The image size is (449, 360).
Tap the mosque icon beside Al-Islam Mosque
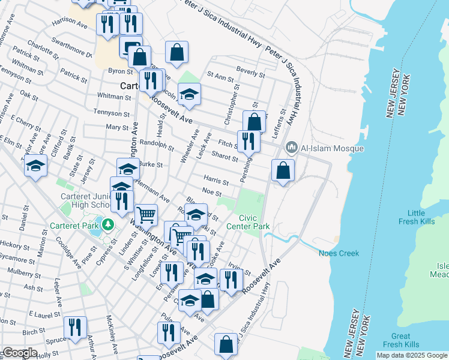[292, 147]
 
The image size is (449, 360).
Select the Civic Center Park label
[248, 222]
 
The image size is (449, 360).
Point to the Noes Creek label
[339, 253]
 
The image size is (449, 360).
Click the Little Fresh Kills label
[416, 217]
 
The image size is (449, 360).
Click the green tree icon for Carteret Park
[108, 224]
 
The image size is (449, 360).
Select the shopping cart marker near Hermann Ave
[146, 214]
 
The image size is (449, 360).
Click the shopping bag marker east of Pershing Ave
[283, 170]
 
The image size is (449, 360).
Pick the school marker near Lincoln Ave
[189, 94]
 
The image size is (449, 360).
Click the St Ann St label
[220, 77]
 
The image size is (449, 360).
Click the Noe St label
[212, 193]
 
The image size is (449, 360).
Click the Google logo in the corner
[19, 353]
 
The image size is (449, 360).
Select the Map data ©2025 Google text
[411, 355]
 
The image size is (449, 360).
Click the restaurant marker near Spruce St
[75, 327]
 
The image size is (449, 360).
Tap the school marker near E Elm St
[35, 166]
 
